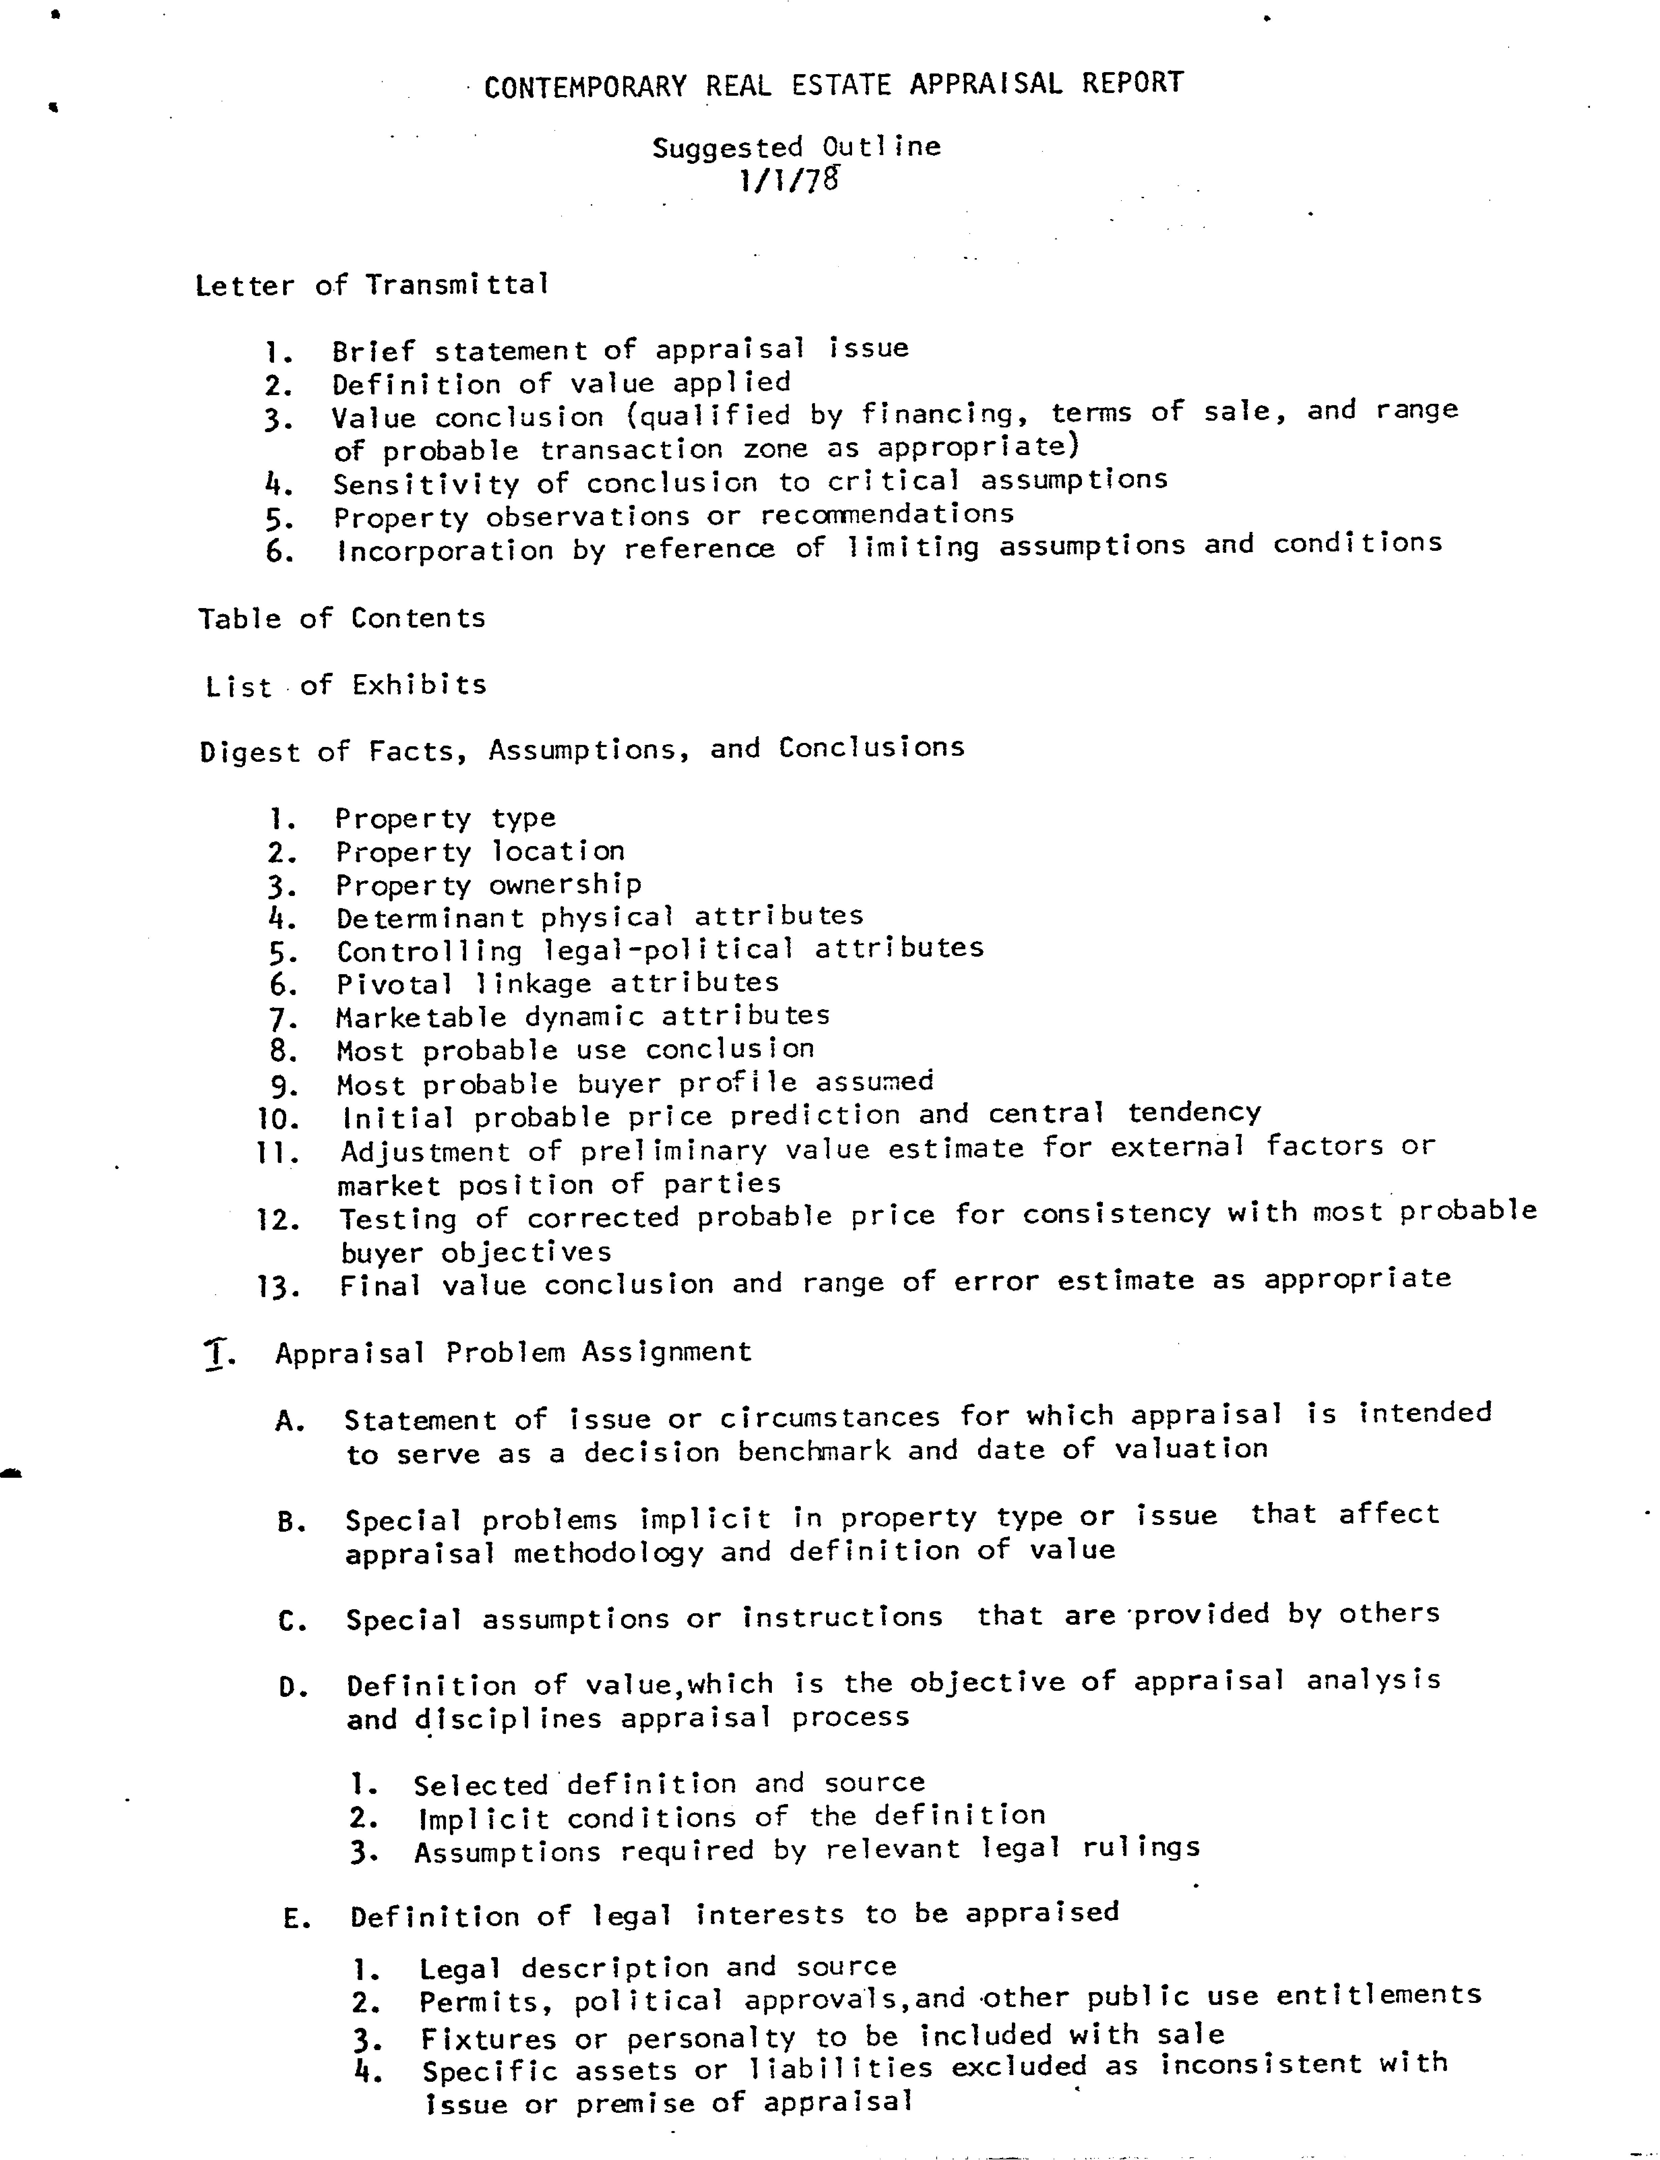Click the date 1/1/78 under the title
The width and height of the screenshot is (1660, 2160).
(x=789, y=181)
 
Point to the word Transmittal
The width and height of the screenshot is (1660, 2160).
(x=456, y=284)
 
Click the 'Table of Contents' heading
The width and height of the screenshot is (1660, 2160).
(x=342, y=619)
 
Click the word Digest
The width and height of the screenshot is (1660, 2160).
(x=251, y=752)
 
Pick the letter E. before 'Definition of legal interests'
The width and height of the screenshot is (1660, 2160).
(x=296, y=1919)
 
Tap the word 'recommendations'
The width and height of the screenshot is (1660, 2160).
(x=886, y=515)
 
